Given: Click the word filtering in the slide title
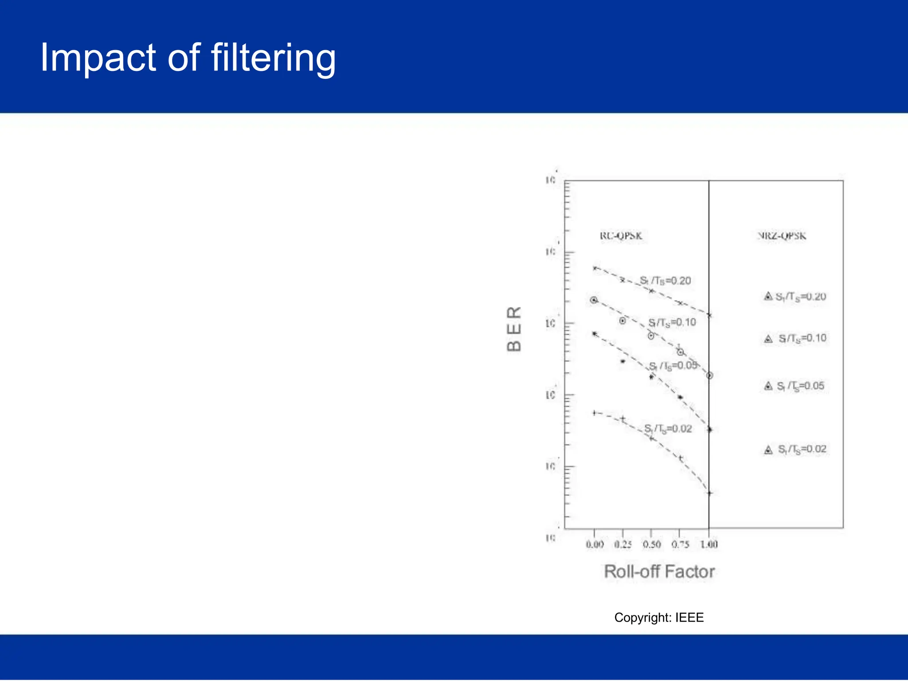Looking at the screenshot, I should (273, 58).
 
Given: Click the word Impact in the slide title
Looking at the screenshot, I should (98, 58).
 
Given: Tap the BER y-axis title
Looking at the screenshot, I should (514, 329).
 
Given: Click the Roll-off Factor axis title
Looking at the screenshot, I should (659, 571).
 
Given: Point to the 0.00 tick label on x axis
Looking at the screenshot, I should (595, 544).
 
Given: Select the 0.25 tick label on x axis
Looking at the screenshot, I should (623, 544).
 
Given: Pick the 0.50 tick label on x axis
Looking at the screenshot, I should (651, 544).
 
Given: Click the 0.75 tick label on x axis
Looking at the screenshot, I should (680, 544).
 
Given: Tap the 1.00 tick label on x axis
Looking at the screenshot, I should (708, 544).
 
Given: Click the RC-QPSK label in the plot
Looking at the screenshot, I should (621, 236).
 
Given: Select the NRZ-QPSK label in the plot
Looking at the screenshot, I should (781, 236).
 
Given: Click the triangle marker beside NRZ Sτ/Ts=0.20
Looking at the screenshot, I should (768, 296).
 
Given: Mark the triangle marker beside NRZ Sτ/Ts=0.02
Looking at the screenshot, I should (768, 450).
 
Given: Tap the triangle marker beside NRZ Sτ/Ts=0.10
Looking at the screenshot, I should (768, 339).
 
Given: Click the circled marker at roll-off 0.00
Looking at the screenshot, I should (594, 300).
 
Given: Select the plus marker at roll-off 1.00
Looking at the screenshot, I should (709, 493).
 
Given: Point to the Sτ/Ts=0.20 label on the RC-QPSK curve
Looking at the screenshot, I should (665, 281).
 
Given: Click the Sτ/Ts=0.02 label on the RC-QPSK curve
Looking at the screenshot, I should (668, 429).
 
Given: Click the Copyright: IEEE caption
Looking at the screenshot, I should (659, 618).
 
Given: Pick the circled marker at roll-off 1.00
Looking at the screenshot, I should (709, 376).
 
